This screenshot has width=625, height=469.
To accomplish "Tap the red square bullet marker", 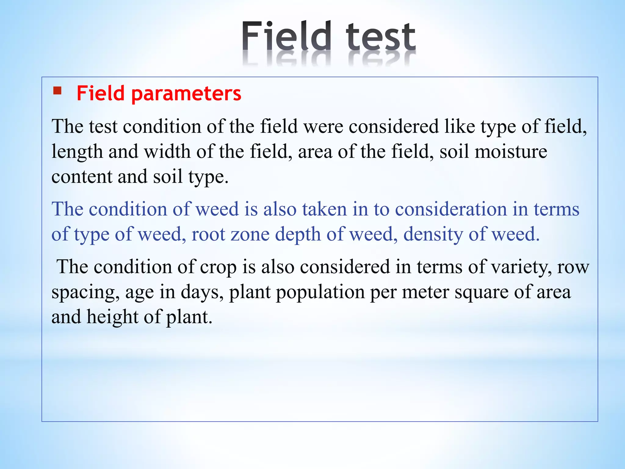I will tap(57, 91).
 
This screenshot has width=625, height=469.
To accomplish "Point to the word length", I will tap(77, 152).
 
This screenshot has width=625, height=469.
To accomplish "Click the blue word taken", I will tap(324, 209).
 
